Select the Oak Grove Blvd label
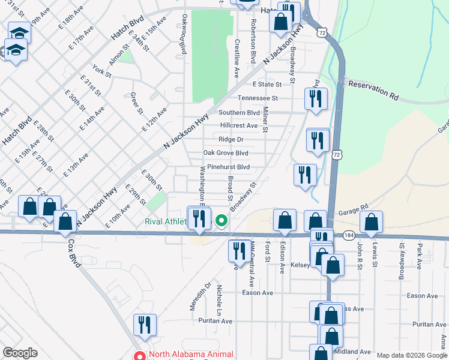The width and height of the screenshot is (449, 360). click(225, 153)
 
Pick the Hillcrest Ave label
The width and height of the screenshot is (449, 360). click(239, 125)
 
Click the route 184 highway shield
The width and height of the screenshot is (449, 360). click(349, 236)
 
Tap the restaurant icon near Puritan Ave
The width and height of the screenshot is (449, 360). click(145, 325)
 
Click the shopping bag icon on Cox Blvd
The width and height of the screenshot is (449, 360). click(65, 221)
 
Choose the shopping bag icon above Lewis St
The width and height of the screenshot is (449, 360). click(372, 223)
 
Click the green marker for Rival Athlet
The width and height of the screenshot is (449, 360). click(221, 221)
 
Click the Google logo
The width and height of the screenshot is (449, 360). click(20, 353)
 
